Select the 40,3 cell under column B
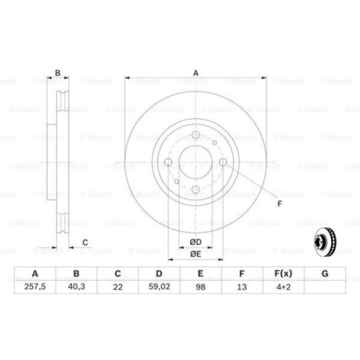pyautogui.click(x=74, y=286)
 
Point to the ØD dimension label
pyautogui.click(x=195, y=242)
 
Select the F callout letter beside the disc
pyautogui.click(x=279, y=203)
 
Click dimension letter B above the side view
pyautogui.click(x=58, y=72)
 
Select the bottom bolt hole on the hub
pyautogui.click(x=195, y=189)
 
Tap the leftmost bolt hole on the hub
pyautogui.click(x=168, y=162)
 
